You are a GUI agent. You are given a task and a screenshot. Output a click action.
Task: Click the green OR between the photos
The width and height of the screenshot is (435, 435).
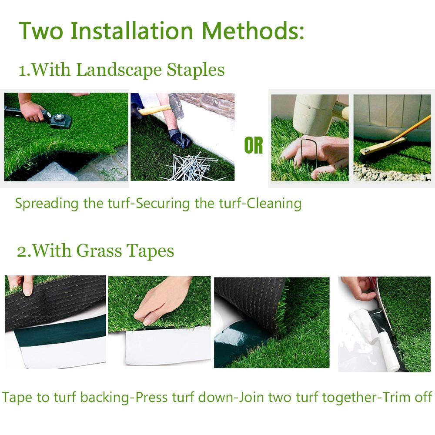[254, 146]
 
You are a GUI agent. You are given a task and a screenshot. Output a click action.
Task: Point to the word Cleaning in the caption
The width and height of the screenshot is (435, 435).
[274, 203]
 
